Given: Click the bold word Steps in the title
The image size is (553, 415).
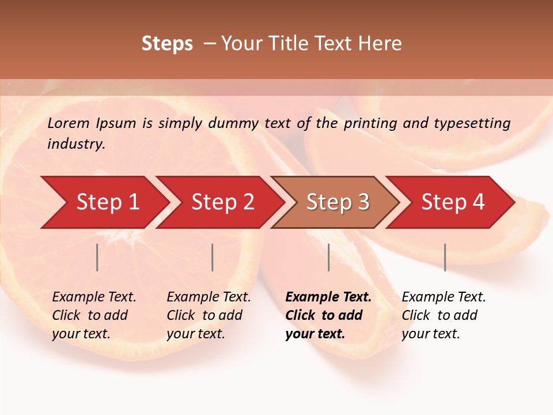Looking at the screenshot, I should coord(167,44).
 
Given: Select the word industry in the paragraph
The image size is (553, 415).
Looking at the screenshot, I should coord(75,144).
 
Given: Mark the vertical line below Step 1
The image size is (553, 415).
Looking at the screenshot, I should coord(97,257).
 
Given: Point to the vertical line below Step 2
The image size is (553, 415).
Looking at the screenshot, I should coord(213,257).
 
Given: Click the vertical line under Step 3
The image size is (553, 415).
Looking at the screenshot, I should coord(329,257).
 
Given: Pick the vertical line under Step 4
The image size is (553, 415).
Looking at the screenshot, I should coord(445,257).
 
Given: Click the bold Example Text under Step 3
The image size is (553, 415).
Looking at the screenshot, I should coord(328,297).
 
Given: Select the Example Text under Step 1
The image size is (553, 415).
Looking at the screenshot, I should coord(94,297).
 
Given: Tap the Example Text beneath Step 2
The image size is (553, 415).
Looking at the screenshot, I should coord(209,297).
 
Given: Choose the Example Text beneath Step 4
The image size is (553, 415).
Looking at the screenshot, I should coord(444,297).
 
